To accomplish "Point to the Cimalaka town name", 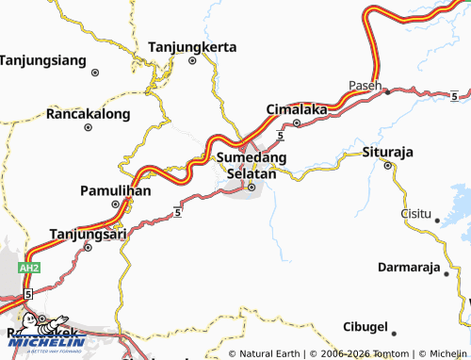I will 297,109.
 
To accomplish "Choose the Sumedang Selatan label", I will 252,166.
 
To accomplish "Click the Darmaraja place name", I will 410,267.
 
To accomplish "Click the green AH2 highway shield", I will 30,268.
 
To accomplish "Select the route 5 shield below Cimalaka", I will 281,138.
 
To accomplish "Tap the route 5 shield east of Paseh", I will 454,95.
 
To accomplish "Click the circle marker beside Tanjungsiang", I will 95,71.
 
